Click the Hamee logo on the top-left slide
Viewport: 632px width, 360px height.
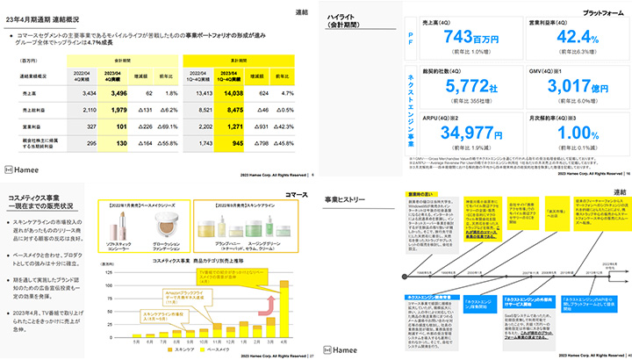[x=22, y=167]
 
